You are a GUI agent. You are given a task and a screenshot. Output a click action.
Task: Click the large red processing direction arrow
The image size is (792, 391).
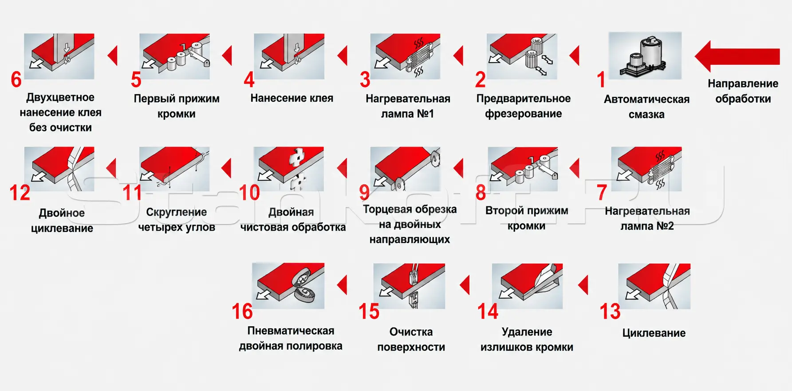tap(737, 56)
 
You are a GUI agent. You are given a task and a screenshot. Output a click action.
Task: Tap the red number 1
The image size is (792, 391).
tap(601, 80)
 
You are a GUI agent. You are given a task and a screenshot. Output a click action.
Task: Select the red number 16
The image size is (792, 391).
tap(242, 311)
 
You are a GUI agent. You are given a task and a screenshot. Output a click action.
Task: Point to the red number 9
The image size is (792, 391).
tap(364, 192)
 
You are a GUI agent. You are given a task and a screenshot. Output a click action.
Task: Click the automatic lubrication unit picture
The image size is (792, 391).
tap(645, 55)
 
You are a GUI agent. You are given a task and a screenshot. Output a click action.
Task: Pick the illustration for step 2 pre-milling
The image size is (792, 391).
tap(522, 56)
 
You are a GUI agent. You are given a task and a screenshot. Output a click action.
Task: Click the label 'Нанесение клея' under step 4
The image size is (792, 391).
tap(292, 98)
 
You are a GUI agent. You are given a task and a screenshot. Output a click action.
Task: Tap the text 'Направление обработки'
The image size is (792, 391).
tap(743, 91)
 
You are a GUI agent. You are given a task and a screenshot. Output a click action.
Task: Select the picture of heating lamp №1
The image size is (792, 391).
tap(405, 56)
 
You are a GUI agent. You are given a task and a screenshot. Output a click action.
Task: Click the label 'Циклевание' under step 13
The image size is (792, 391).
tap(654, 333)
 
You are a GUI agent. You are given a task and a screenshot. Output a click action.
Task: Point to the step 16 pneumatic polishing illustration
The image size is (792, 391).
tap(288, 286)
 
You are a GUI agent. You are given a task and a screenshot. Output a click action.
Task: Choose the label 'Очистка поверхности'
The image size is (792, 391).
tap(411, 340)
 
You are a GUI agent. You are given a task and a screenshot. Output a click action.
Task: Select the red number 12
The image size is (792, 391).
tap(20, 193)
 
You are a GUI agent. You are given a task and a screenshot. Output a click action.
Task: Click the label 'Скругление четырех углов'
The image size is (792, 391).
tap(177, 220)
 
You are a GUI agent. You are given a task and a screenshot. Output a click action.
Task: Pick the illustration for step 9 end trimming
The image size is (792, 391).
tap(405, 169)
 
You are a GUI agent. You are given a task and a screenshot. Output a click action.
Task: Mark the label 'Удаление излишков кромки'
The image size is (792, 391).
tap(527, 340)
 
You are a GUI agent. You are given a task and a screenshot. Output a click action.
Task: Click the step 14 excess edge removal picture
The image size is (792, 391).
tap(528, 286)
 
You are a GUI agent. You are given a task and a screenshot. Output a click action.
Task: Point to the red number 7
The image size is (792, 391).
tap(602, 192)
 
